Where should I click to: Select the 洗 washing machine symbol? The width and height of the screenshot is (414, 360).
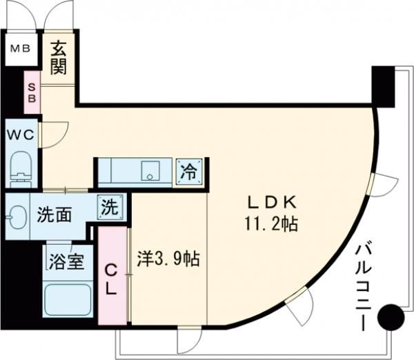pos(110,206)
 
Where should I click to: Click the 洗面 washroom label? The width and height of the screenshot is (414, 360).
pos(54,215)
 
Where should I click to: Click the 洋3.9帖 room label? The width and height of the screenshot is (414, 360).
pos(168,259)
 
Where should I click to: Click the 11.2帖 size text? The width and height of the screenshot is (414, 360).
pos(270,225)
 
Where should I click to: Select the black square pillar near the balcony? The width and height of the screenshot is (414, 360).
pos(383,83)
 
